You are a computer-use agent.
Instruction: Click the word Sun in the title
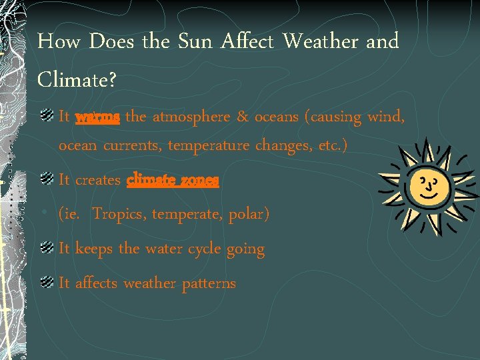pos(194,42)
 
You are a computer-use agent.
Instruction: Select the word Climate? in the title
pos(77,80)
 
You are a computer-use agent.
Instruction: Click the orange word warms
pos(97,118)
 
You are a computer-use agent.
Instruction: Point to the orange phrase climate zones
pos(173,180)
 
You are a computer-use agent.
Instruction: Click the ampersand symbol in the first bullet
pos(243,118)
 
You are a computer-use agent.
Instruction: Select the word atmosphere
pos(192,118)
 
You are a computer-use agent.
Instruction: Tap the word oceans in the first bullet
pos(276,118)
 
